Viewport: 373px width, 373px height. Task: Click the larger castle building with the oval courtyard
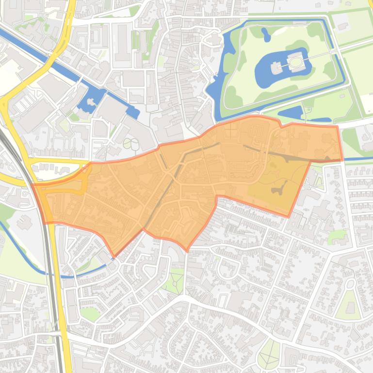click(295, 62)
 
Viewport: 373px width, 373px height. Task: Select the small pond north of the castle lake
click(266, 34)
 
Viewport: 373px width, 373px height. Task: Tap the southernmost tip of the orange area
click(187, 250)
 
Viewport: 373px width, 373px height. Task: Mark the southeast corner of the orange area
click(289, 216)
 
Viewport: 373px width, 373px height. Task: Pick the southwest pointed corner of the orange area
click(114, 256)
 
